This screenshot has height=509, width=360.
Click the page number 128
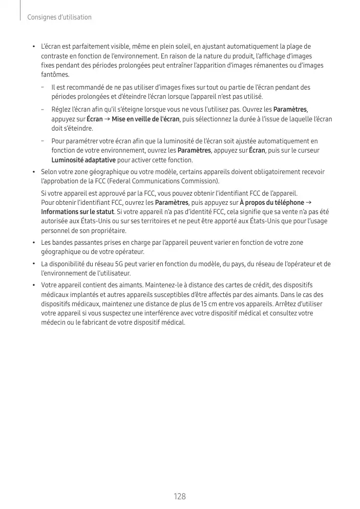[x=180, y=496]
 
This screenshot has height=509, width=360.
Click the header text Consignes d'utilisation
[x=59, y=17]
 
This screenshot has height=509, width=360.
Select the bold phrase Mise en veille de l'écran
[x=145, y=119]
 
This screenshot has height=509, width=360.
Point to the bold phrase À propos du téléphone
[x=272, y=202]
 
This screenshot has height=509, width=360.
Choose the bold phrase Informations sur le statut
[x=77, y=211]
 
